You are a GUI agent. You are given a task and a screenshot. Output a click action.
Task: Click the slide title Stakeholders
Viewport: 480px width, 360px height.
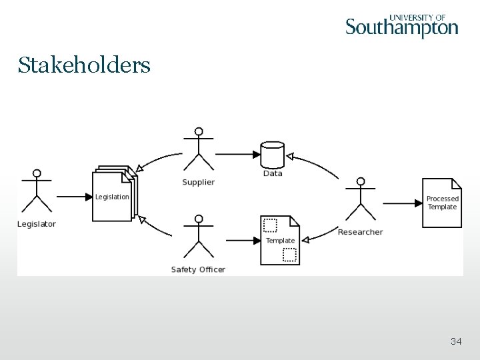[84, 65]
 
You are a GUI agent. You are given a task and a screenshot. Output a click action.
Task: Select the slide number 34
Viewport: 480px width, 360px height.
[456, 341]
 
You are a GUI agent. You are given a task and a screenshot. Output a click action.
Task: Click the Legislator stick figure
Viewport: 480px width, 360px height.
[37, 191]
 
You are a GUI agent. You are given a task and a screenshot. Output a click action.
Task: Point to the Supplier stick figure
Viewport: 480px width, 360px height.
[198, 149]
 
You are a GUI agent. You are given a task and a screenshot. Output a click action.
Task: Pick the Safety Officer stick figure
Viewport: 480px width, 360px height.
[198, 236]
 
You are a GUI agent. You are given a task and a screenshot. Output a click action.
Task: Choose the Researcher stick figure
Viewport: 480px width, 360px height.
[361, 199]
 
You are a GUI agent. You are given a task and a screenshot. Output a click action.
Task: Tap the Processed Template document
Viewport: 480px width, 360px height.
[442, 203]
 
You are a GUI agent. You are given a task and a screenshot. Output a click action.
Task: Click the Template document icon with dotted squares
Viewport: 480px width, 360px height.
[280, 240]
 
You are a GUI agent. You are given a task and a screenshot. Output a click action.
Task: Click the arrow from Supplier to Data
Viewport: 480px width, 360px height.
[237, 154]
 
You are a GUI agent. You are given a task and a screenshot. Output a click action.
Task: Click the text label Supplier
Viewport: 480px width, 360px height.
[198, 183]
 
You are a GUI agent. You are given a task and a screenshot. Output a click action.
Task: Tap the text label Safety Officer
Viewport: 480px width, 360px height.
[198, 269]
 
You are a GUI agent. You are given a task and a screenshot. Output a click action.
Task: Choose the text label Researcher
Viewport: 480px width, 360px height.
[360, 232]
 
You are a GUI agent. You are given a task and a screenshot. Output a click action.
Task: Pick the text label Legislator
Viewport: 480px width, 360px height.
[37, 224]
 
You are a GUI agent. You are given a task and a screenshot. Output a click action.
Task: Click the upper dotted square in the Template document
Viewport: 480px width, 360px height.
[270, 224]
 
